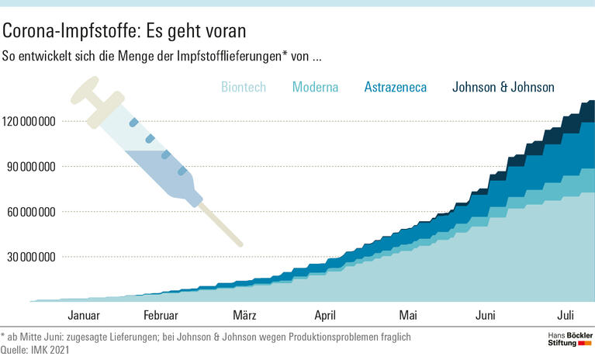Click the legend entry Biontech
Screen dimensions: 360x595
(x=243, y=87)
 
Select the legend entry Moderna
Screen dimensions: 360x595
(x=315, y=87)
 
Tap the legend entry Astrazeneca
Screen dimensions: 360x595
(x=395, y=87)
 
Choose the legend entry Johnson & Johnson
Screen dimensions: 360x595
(x=503, y=87)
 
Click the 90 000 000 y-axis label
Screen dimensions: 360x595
(x=29, y=166)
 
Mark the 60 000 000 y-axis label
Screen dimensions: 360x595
(x=29, y=211)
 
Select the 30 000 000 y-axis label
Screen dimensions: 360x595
(x=29, y=257)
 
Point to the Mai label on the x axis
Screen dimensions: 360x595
(x=408, y=315)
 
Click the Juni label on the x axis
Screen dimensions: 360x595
(x=486, y=315)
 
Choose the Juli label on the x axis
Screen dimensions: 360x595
(x=566, y=315)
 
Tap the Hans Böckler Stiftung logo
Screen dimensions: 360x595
(x=566, y=339)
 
